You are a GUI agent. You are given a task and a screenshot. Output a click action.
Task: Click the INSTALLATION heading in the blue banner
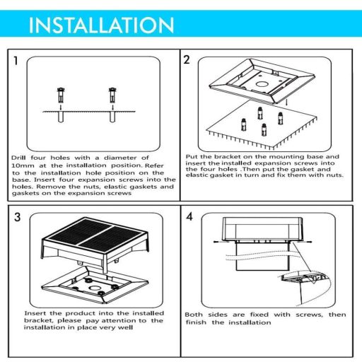tap(101, 25)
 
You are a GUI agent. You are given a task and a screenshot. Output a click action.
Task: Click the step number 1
tap(16, 61)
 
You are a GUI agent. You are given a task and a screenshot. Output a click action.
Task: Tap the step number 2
tap(187, 60)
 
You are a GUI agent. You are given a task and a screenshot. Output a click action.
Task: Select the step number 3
tap(18, 217)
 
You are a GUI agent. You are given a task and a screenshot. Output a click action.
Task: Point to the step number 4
tap(189, 216)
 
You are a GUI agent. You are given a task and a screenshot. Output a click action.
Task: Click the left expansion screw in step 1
tap(61, 95)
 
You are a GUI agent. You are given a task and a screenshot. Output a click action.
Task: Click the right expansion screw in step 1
tap(112, 95)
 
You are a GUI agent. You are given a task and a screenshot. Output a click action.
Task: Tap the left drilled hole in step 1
tap(61, 117)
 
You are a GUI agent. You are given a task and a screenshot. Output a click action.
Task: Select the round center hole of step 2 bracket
tap(261, 84)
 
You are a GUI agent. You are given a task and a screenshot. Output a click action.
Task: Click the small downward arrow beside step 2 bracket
tap(286, 103)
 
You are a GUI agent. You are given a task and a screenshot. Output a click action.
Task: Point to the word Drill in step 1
tap(18, 158)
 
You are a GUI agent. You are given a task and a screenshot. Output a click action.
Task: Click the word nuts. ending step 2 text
tap(334, 175)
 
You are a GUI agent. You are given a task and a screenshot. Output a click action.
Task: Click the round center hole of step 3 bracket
tap(95, 288)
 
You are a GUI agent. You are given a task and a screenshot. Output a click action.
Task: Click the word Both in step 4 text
tap(194, 315)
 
